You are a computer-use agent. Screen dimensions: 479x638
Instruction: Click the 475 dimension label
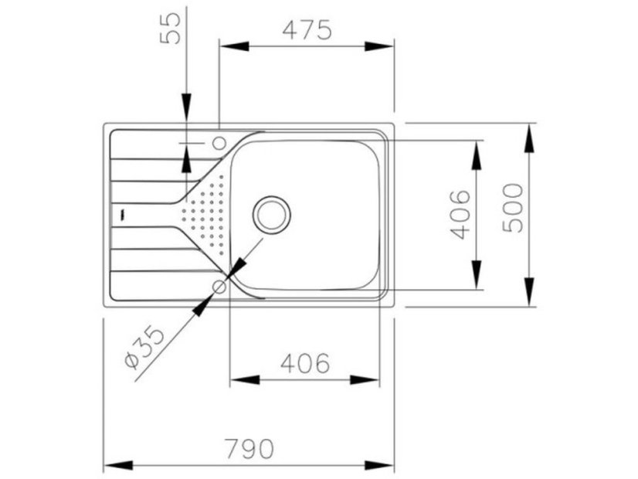coord(307,29)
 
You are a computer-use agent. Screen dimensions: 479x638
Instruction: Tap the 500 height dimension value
coord(513,208)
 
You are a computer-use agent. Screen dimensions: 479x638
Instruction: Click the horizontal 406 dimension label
coord(304,362)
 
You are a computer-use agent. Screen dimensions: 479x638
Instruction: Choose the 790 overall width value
coord(249,448)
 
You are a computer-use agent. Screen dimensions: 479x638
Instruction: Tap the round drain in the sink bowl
coord(273,214)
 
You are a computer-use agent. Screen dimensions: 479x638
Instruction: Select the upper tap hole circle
coord(219,142)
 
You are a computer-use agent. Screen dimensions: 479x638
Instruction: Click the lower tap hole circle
coord(219,287)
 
